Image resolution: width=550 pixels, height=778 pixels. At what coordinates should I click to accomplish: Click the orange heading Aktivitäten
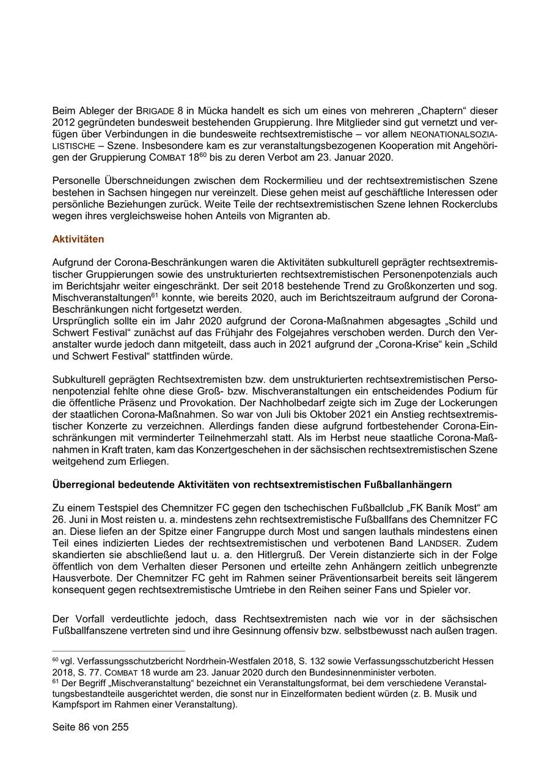(x=78, y=239)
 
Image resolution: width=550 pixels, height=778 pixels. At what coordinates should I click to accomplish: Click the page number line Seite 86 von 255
(x=90, y=727)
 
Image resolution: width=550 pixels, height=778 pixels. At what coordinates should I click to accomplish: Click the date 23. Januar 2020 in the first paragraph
(x=358, y=157)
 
